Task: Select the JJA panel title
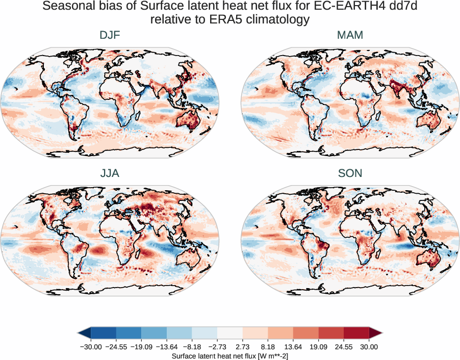coord(110,173)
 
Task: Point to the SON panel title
coord(350,173)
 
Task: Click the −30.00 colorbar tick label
coord(91,347)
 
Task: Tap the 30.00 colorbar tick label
coord(369,347)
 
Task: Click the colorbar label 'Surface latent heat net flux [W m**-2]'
coord(229,356)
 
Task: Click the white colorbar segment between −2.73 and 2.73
coord(229,333)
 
